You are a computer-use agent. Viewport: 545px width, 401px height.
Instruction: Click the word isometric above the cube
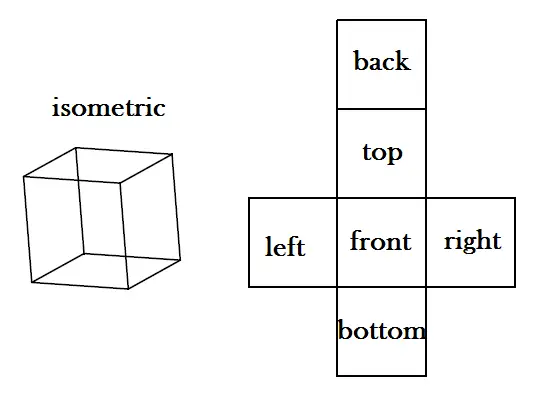click(108, 107)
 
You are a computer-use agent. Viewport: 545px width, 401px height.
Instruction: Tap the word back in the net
click(382, 61)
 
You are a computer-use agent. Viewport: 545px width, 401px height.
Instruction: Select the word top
click(382, 153)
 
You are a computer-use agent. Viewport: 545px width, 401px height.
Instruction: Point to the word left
click(285, 246)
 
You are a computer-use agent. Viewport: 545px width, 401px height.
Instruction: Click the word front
click(381, 240)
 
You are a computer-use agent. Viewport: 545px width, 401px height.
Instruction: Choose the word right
click(473, 241)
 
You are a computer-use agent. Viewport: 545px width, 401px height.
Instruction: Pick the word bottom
click(382, 330)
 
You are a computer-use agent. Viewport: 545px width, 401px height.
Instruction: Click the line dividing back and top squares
click(382, 109)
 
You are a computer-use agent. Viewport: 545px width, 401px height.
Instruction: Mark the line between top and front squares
click(382, 198)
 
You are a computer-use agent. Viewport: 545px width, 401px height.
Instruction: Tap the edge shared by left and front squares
click(337, 243)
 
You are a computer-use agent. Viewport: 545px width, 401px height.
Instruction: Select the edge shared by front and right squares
click(426, 243)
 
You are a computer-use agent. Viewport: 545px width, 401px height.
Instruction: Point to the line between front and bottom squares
click(382, 287)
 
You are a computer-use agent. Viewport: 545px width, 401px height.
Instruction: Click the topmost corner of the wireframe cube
click(76, 148)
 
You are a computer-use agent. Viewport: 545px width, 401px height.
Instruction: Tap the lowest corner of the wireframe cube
click(128, 289)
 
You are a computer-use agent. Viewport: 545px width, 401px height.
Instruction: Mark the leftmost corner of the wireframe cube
click(24, 177)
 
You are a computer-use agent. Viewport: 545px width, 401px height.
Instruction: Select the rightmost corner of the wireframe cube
click(180, 259)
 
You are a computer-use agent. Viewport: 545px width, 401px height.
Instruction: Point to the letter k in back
click(403, 61)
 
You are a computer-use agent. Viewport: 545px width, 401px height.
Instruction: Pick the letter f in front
click(355, 240)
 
